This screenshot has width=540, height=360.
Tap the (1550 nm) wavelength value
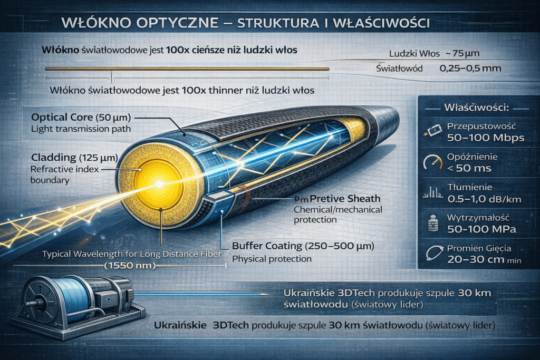tap(130, 266)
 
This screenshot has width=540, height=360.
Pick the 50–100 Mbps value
tap(485, 138)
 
